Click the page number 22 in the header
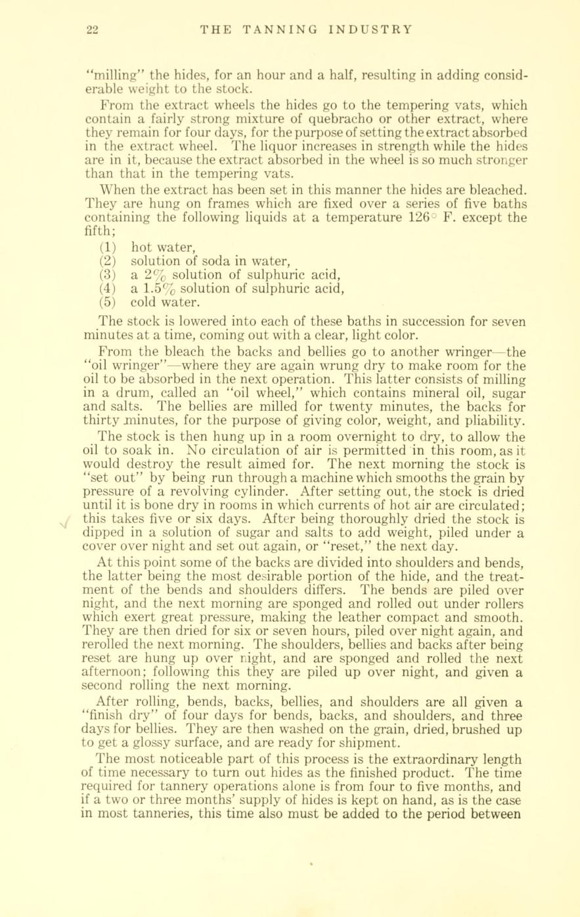[91, 29]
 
